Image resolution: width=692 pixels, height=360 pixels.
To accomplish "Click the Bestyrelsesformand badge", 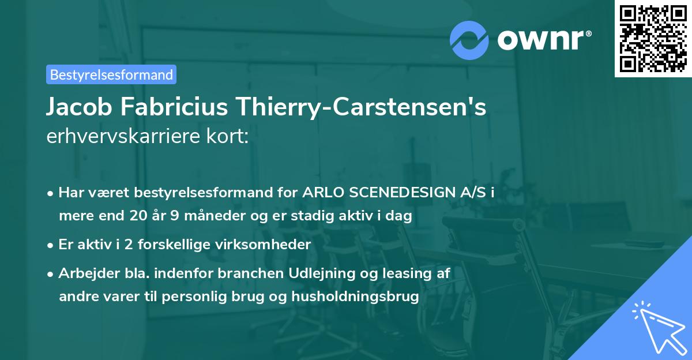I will tap(111, 74).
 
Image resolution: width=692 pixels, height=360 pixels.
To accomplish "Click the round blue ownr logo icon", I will tap(469, 40).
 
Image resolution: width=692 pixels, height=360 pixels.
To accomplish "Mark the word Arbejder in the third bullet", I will tap(84, 273).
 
